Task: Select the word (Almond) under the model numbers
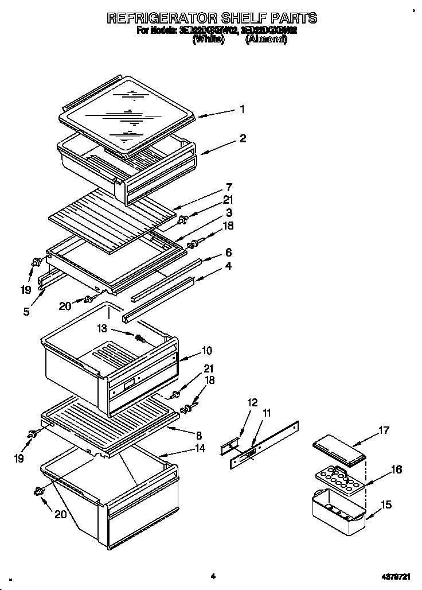pos(266,40)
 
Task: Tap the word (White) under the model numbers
pos(208,40)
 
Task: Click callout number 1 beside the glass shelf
pos(243,109)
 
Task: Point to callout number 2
pos(243,138)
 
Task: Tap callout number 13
pos(103,328)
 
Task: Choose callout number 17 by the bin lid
pos(384,429)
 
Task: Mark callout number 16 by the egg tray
pos(396,470)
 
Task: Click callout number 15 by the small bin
pos(386,504)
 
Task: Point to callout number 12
pos(252,403)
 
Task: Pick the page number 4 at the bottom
pos(212,576)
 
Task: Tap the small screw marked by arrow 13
pos(138,338)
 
